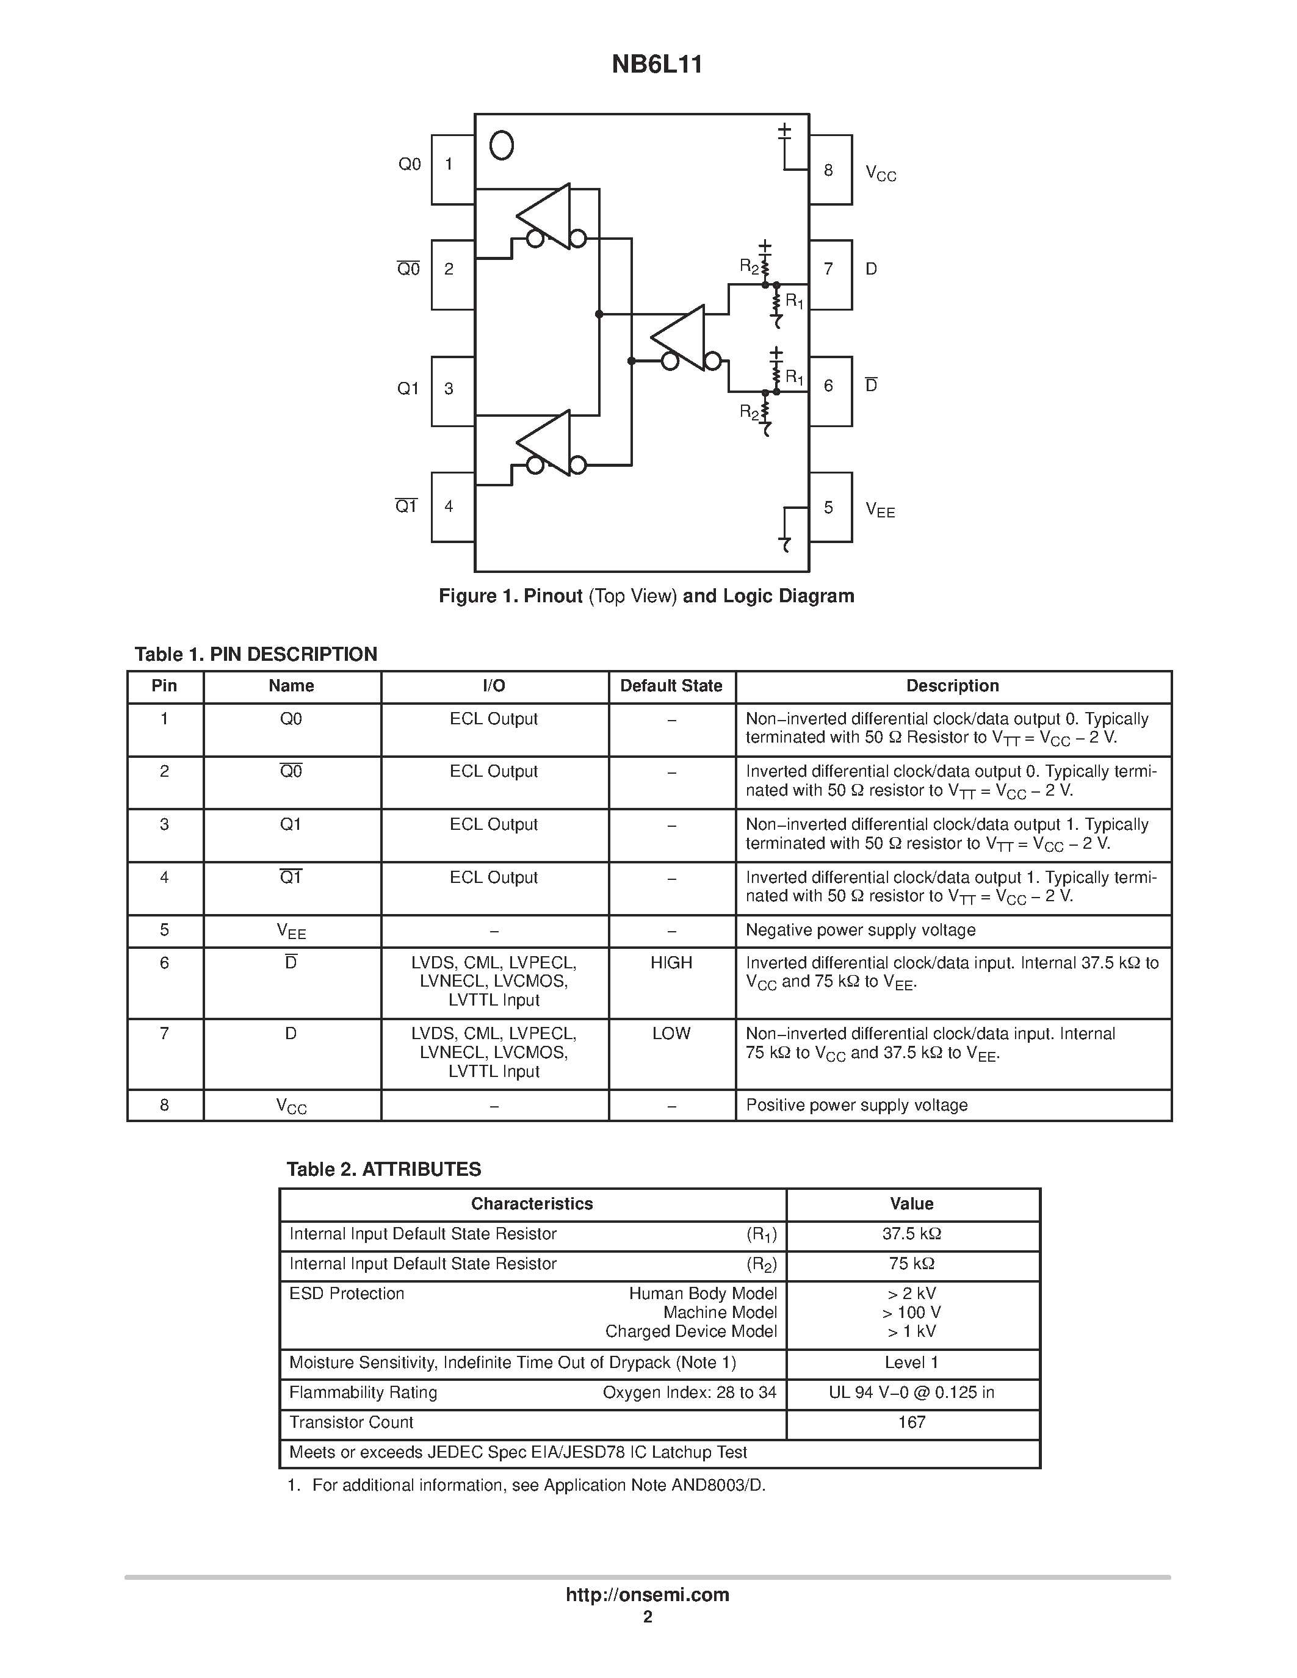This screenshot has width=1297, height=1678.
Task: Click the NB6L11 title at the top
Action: click(x=656, y=65)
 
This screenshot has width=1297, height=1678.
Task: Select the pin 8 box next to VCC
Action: click(x=830, y=170)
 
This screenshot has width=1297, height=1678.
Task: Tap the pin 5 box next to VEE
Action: click(x=830, y=507)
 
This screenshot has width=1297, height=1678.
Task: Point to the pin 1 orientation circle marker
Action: click(x=502, y=145)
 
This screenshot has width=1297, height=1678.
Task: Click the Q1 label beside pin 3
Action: click(x=408, y=389)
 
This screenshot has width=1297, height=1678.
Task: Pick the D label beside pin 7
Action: click(x=872, y=269)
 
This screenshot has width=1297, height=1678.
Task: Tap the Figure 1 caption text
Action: click(x=646, y=596)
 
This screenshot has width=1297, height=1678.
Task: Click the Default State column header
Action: click(x=671, y=686)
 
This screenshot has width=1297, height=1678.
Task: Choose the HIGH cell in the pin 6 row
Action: click(x=671, y=963)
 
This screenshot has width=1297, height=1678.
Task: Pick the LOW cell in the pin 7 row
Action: click(x=671, y=1034)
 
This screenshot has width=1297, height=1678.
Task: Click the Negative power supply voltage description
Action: click(x=861, y=931)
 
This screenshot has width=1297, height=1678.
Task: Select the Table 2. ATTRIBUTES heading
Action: click(x=383, y=1169)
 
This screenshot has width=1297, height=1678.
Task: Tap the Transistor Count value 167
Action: click(x=911, y=1422)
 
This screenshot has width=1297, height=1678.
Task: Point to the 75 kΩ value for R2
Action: click(x=911, y=1264)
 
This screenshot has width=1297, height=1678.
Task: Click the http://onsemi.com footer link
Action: click(x=647, y=1595)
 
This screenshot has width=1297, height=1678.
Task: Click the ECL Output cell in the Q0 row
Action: click(x=493, y=719)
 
